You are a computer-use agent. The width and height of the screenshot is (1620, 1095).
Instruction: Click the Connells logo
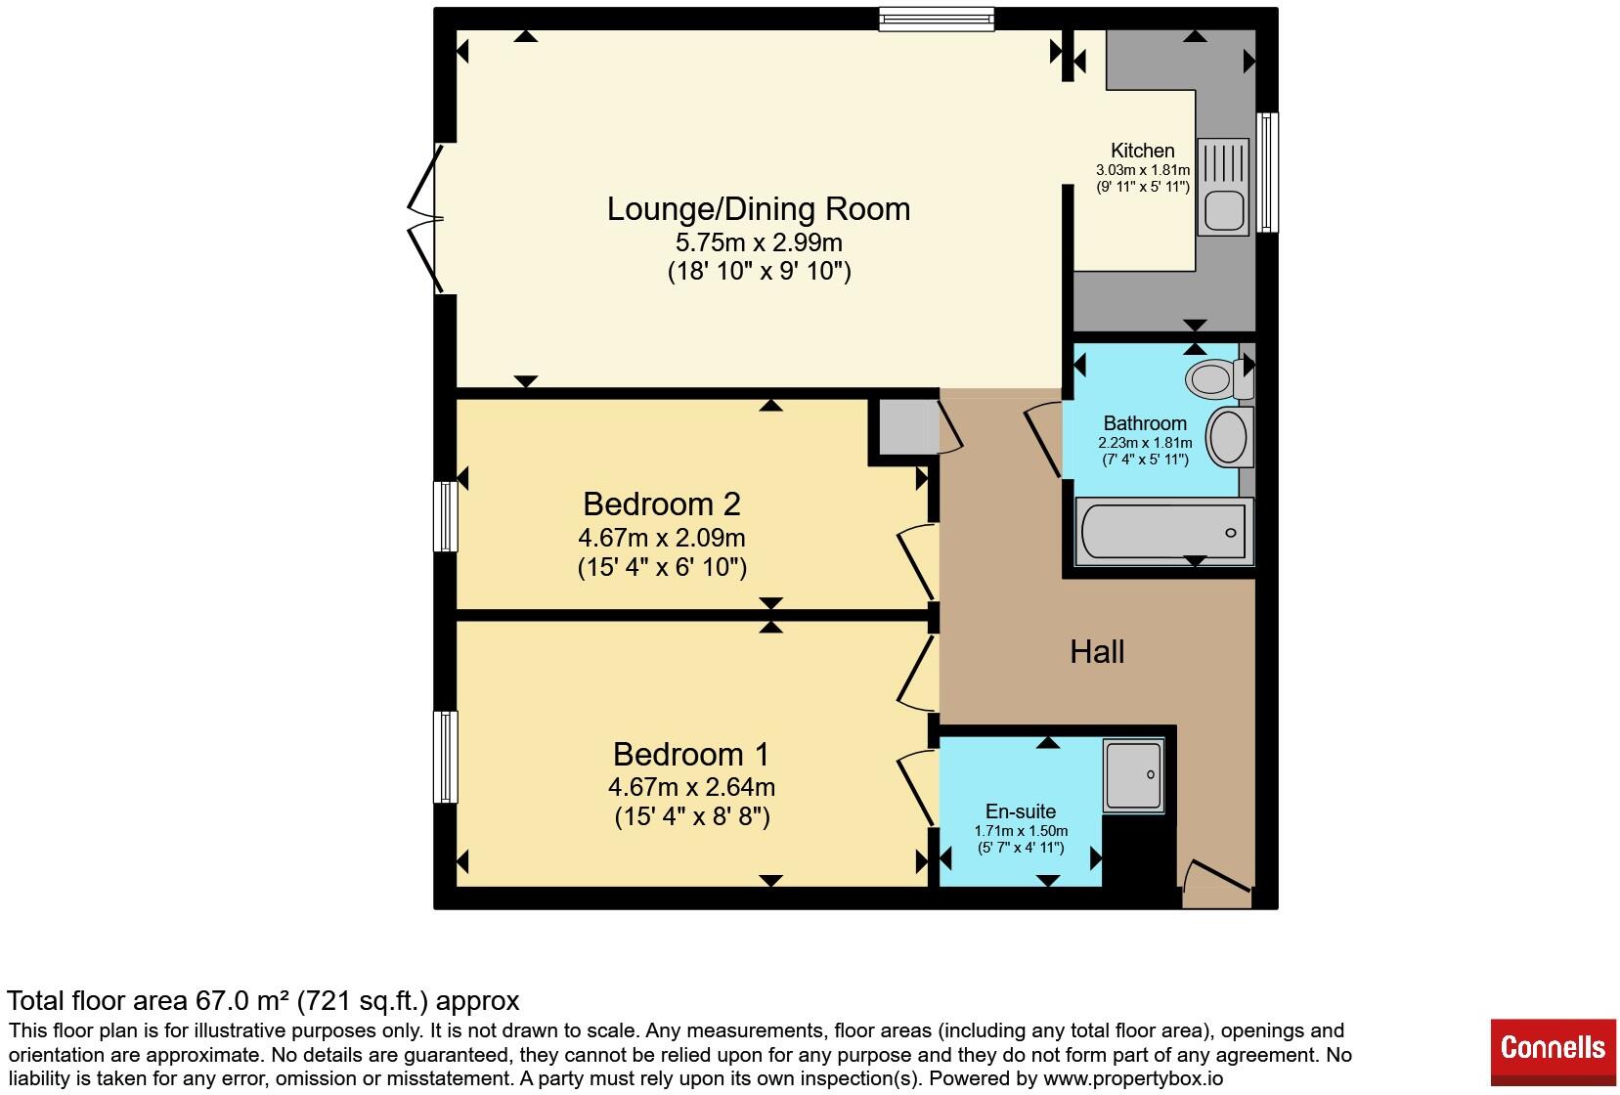click(x=1553, y=1052)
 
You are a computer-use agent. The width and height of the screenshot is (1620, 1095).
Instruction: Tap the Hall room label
click(x=1096, y=652)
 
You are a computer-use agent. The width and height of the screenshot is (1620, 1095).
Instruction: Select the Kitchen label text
click(x=1143, y=151)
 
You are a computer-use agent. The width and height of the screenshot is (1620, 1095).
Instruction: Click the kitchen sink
click(x=1223, y=188)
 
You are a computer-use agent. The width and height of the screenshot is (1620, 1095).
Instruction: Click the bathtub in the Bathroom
click(x=1164, y=532)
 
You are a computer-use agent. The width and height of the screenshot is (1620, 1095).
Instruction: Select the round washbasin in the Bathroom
click(x=1230, y=436)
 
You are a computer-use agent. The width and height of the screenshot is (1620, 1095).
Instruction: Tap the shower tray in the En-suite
click(x=1133, y=775)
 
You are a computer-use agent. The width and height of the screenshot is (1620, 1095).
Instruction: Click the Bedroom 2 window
click(x=446, y=516)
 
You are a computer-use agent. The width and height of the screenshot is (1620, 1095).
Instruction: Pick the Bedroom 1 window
click(x=446, y=758)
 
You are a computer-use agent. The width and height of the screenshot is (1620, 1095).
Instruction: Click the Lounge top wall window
click(x=937, y=20)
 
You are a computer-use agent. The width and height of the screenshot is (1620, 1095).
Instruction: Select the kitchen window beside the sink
click(x=1266, y=172)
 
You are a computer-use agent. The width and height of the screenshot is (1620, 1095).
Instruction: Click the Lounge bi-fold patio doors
click(x=426, y=218)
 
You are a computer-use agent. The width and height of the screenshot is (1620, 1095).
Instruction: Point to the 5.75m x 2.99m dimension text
click(x=759, y=242)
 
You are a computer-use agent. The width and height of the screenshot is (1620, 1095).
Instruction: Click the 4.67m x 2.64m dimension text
click(x=691, y=787)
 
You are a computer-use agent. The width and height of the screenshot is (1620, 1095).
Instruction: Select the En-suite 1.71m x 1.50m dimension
click(x=1021, y=831)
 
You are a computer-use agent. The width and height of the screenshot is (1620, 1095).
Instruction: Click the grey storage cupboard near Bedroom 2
click(x=908, y=426)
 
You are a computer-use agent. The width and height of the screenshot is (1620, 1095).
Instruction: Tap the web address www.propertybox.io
click(x=1133, y=1078)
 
